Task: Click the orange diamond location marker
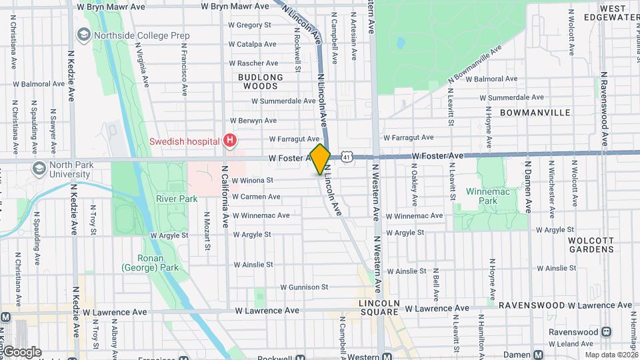tap(320, 159)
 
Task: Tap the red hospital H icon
tap(230, 141)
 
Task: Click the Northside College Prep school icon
tap(84, 34)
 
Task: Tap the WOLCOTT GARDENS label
tap(591, 244)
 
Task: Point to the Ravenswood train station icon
tap(607, 331)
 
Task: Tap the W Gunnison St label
tap(304, 287)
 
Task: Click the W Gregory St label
tap(249, 25)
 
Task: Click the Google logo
tap(21, 351)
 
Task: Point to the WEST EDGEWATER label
tap(614, 13)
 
